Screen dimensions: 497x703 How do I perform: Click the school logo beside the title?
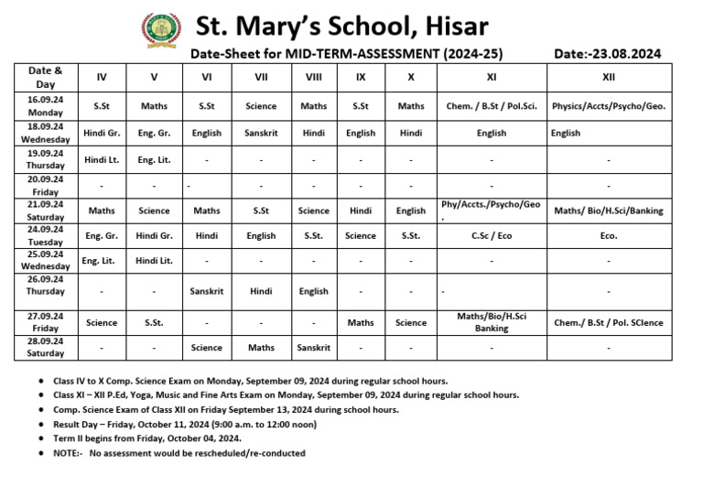pyautogui.click(x=161, y=30)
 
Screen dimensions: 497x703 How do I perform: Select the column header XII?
pyautogui.click(x=609, y=78)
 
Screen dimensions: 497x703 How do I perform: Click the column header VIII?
pyautogui.click(x=313, y=78)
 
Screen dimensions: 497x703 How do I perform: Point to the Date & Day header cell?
pyautogui.click(x=45, y=77)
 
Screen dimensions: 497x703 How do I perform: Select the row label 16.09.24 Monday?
pyautogui.click(x=45, y=106)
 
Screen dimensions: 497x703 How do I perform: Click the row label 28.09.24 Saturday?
pyautogui.click(x=45, y=347)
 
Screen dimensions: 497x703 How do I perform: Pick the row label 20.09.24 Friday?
pyautogui.click(x=45, y=186)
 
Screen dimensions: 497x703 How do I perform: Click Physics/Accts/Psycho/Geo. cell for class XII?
pyautogui.click(x=609, y=106)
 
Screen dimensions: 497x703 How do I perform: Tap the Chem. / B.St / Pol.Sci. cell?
pyautogui.click(x=491, y=106)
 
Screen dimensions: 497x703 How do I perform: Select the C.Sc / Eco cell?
pyautogui.click(x=491, y=235)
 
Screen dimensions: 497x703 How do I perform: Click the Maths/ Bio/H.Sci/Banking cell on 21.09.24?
pyautogui.click(x=609, y=211)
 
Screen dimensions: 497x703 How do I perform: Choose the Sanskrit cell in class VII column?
pyautogui.click(x=261, y=133)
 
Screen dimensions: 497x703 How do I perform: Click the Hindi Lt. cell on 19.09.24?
pyautogui.click(x=102, y=159)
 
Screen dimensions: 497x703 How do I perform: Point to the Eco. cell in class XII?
pyautogui.click(x=609, y=235)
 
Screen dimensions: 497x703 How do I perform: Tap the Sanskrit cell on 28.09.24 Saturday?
pyautogui.click(x=313, y=348)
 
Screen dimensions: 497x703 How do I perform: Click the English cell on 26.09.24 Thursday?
pyautogui.click(x=313, y=291)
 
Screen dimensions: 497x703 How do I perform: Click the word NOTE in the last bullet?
pyautogui.click(x=67, y=453)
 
